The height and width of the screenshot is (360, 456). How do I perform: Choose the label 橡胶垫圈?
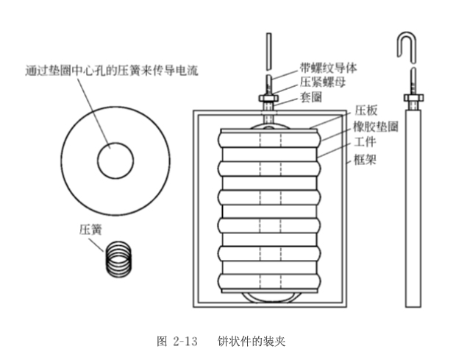tap(376, 127)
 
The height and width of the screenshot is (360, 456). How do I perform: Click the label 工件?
tap(366, 142)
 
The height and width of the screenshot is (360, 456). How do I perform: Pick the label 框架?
tap(366, 158)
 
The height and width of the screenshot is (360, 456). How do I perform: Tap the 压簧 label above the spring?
tap(89, 229)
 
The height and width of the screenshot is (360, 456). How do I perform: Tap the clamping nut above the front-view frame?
tap(269, 97)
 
